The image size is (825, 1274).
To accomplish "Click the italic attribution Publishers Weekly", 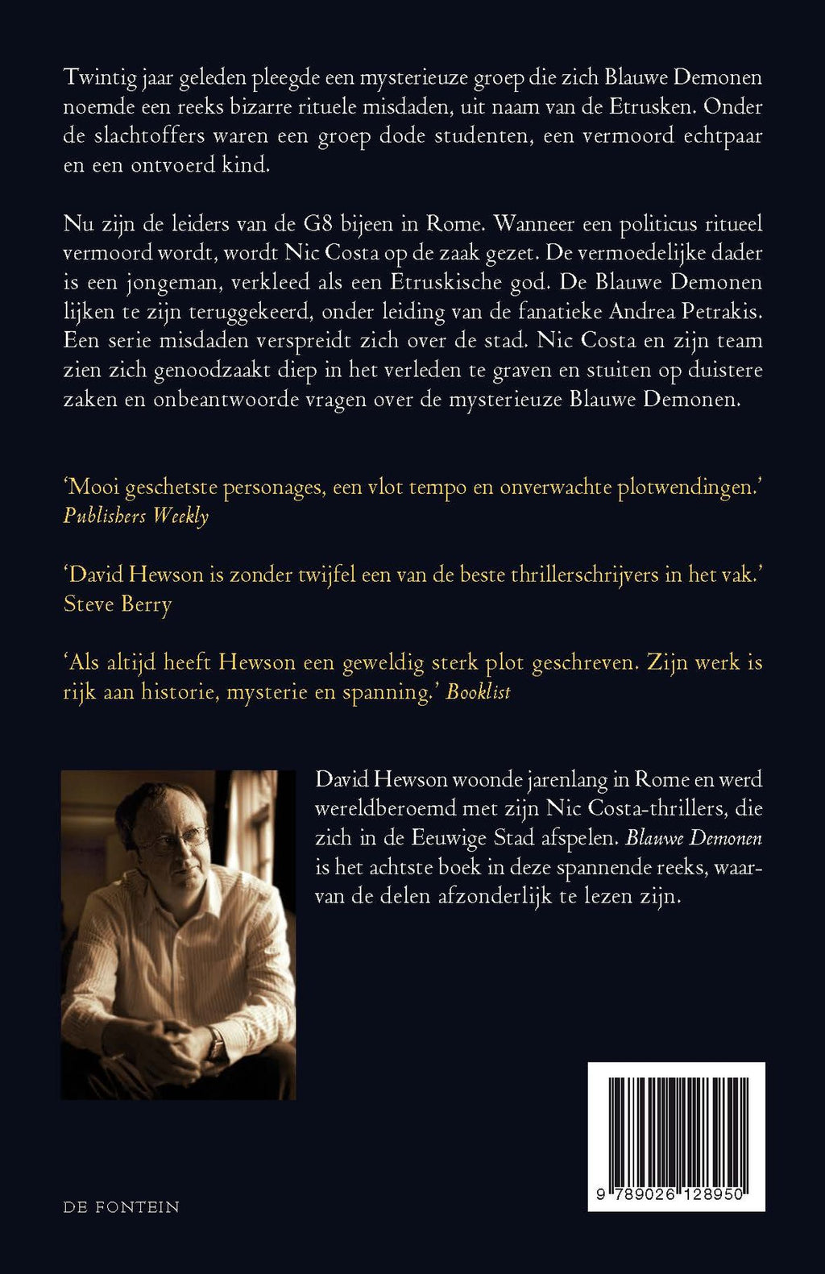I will pos(136,517).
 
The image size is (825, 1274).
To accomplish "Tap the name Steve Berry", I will pos(118,604).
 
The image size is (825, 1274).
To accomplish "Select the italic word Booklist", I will pos(479,692).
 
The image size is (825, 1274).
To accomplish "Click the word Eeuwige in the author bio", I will pos(448,838).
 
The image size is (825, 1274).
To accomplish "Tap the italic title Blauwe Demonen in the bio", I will pos(694,838).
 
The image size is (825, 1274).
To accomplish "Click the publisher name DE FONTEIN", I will pos(122,1207).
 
